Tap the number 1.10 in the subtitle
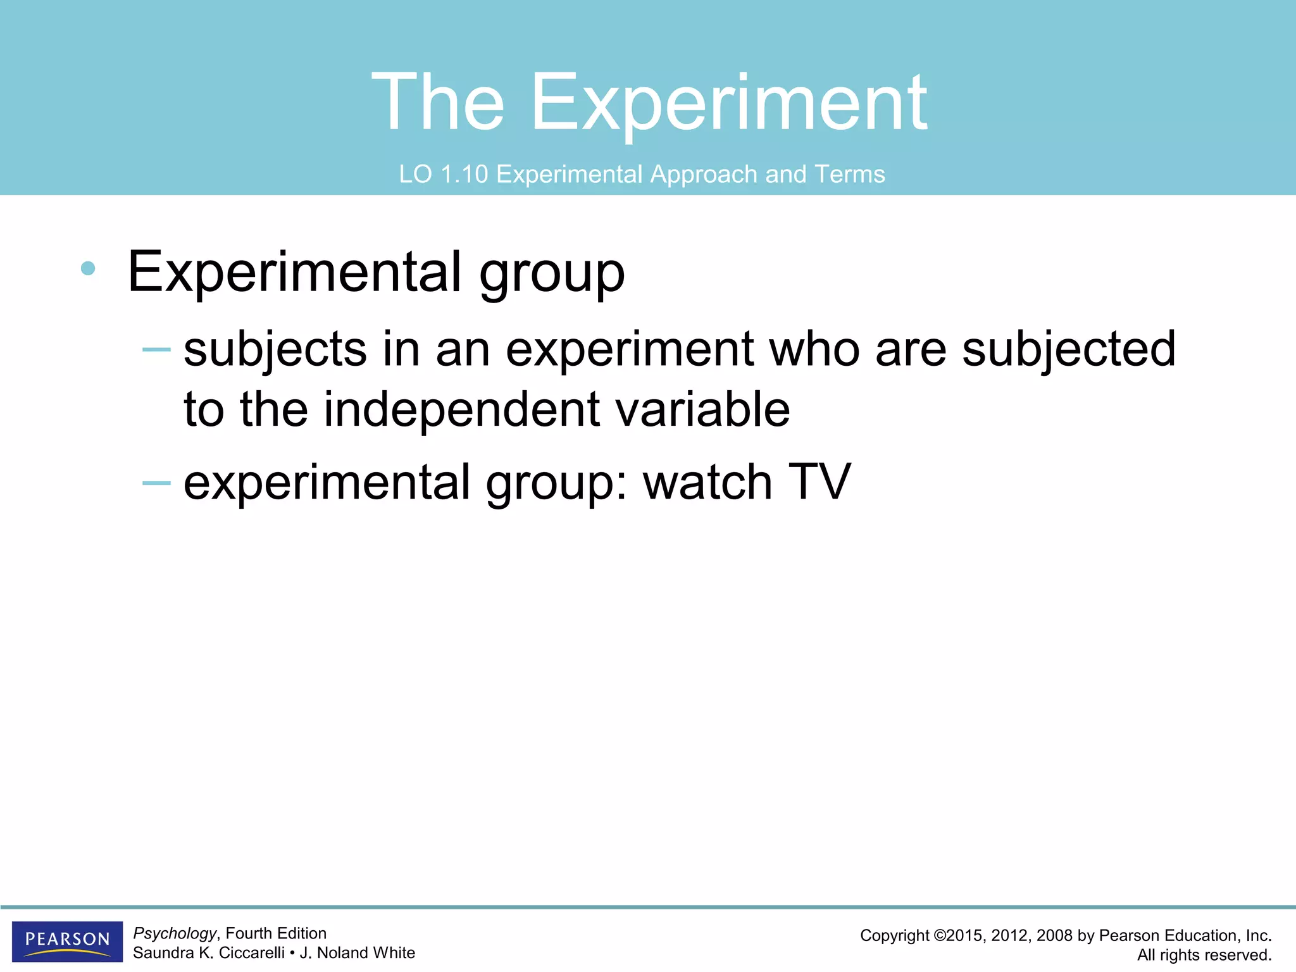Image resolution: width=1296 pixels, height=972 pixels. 464,174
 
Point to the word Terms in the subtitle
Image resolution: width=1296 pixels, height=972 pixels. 849,174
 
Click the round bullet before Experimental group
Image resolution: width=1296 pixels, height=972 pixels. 88,269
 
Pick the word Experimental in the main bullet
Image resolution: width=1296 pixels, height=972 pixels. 294,272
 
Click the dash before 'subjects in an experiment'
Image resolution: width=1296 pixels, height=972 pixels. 156,349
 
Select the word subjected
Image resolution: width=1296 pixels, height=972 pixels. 1068,349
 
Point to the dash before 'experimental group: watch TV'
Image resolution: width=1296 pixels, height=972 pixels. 156,483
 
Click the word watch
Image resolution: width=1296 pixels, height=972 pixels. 707,483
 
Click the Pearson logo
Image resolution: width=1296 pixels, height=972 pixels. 67,941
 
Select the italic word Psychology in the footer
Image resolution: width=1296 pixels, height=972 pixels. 175,933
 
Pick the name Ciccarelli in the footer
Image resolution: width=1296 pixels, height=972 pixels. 251,953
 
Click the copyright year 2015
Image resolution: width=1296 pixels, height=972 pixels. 965,936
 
